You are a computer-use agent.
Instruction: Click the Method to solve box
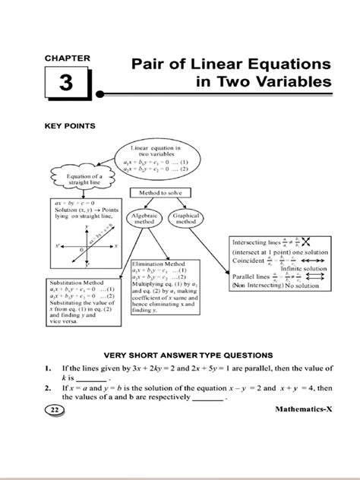(160, 195)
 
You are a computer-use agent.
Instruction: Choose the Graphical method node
(186, 219)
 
